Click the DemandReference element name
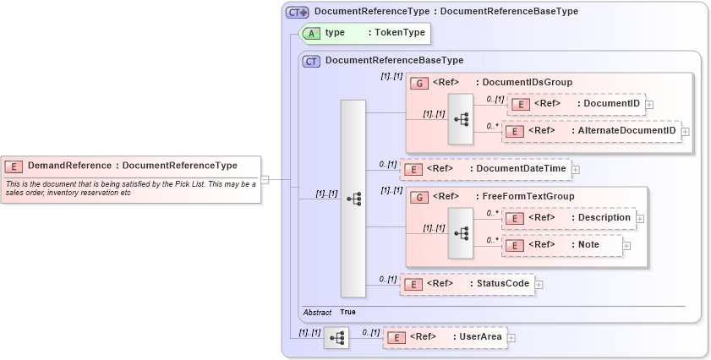pyautogui.click(x=68, y=166)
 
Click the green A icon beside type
pyautogui.click(x=311, y=33)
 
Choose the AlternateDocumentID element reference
pyautogui.click(x=625, y=131)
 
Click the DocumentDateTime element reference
pyautogui.click(x=521, y=169)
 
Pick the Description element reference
pyautogui.click(x=603, y=218)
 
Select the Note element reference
pyautogui.click(x=588, y=245)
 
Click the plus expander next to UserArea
pyautogui.click(x=511, y=338)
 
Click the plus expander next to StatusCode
pyautogui.click(x=539, y=285)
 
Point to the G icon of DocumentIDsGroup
pyautogui.click(x=418, y=83)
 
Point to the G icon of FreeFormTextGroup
pyautogui.click(x=418, y=197)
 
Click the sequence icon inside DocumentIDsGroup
pyautogui.click(x=461, y=118)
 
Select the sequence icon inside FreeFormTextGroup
pyautogui.click(x=461, y=232)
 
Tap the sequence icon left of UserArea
pyautogui.click(x=336, y=338)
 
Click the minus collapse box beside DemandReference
pyautogui.click(x=265, y=179)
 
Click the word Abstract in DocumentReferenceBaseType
pyautogui.click(x=318, y=313)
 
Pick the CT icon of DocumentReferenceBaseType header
pyautogui.click(x=311, y=61)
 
